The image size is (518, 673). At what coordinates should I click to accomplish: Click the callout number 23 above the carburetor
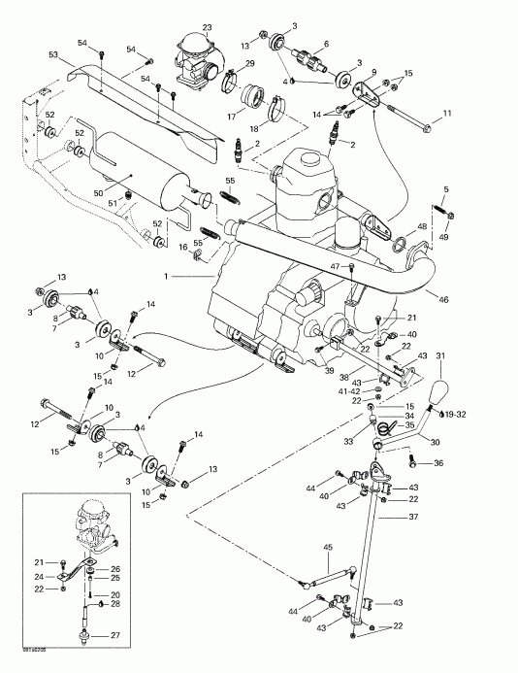click(x=207, y=26)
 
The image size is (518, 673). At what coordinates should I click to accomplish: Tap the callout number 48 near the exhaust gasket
click(x=421, y=227)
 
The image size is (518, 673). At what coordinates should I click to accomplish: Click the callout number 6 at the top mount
click(x=325, y=45)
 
